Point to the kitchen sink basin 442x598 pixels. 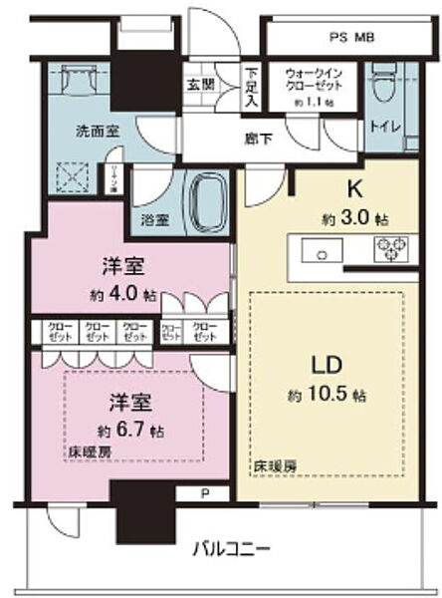coord(319,252)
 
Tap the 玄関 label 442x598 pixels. coord(196,84)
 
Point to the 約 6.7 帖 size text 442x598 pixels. coord(131,432)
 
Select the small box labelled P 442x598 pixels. coord(203,493)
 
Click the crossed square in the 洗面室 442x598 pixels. coord(73,180)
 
